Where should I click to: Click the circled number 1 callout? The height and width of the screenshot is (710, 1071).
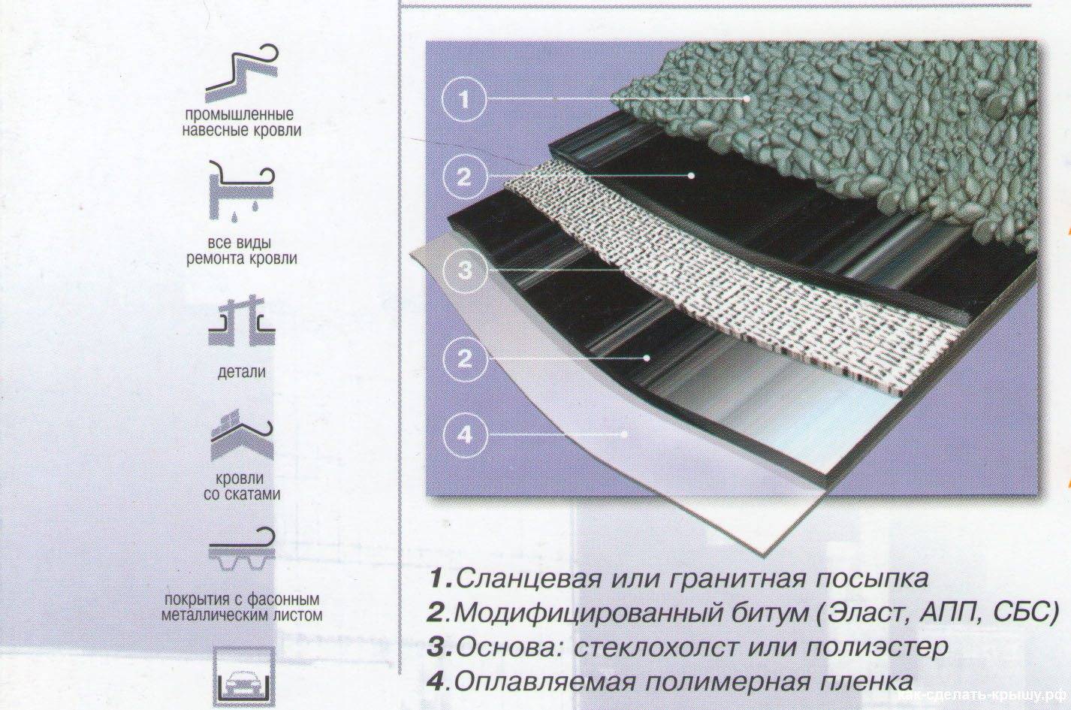[x=463, y=100]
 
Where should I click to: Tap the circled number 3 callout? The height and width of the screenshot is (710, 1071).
[x=465, y=270]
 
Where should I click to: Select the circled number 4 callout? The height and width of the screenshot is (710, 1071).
[x=465, y=435]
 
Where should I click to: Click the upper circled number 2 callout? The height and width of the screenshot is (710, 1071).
[x=464, y=177]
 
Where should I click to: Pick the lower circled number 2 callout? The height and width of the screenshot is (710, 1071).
[x=465, y=358]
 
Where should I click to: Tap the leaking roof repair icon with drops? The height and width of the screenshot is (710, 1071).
[x=241, y=190]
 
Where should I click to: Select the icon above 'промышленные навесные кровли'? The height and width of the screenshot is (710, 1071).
[x=242, y=73]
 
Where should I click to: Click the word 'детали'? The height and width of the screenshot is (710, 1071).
[x=241, y=372]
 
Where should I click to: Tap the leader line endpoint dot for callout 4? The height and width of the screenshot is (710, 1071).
[x=624, y=434]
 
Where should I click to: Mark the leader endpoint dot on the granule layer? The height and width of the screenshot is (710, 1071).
[x=747, y=98]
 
